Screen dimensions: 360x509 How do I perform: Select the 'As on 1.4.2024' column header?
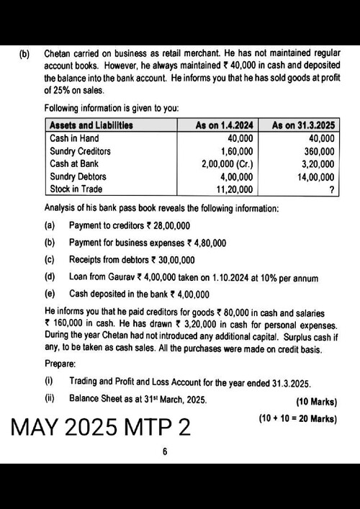[224, 125]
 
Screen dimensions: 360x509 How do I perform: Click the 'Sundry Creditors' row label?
[80, 150]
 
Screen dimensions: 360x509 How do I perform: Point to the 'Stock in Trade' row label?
[76, 189]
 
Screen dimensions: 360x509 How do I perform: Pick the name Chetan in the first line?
[60, 53]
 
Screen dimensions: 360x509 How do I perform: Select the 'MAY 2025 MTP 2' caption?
[101, 427]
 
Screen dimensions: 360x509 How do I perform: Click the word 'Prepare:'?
[60, 363]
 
